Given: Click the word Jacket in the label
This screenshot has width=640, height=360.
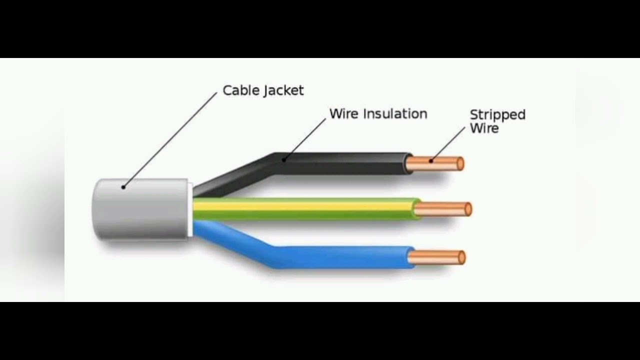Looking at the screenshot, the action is (283, 91).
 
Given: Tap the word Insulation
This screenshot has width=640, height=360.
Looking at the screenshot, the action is (395, 113).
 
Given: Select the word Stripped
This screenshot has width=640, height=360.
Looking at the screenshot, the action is (497, 115).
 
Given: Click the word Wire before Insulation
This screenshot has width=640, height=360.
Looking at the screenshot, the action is (344, 113).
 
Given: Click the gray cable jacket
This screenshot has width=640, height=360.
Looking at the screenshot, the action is (140, 209).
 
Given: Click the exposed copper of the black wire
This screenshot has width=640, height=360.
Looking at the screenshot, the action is (435, 163).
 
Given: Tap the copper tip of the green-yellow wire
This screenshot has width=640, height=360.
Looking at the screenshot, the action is (443, 209).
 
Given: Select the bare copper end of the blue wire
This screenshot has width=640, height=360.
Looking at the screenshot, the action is (436, 257).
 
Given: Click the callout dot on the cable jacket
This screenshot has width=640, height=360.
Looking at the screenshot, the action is (123, 187).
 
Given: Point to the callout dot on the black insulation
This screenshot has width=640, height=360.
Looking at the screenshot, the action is (283, 160).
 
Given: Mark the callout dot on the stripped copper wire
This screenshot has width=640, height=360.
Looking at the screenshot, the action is (431, 161).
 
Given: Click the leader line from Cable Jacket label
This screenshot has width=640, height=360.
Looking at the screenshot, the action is (170, 140).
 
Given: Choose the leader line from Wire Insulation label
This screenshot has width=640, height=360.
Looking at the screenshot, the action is (305, 139).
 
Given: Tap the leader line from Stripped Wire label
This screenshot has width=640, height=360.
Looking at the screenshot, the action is (448, 144).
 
